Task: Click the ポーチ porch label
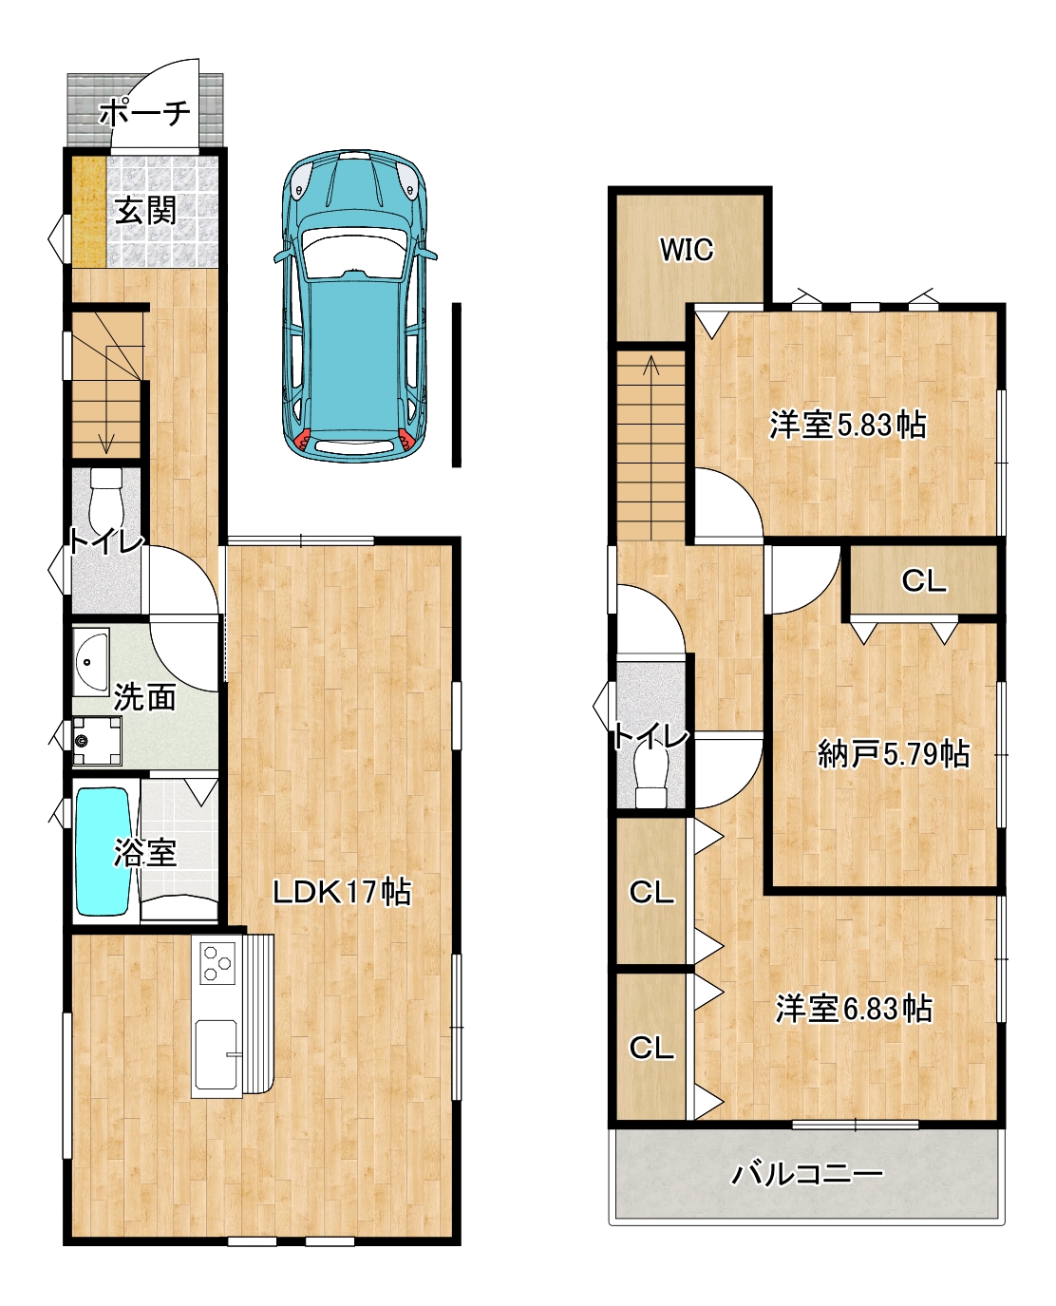[144, 112]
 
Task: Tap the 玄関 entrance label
[146, 210]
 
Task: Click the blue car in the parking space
[355, 305]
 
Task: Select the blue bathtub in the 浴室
[103, 852]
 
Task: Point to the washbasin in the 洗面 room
[91, 662]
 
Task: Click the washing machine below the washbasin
[97, 741]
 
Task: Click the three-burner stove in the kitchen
[217, 962]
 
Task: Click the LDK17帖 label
[342, 892]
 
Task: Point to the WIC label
[687, 250]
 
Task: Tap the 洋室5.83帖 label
[848, 425]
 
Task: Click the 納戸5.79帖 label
[895, 753]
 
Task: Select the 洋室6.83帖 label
[855, 1009]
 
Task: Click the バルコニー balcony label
[808, 1174]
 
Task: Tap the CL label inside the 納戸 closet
[924, 580]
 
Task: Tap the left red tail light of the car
[302, 438]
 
